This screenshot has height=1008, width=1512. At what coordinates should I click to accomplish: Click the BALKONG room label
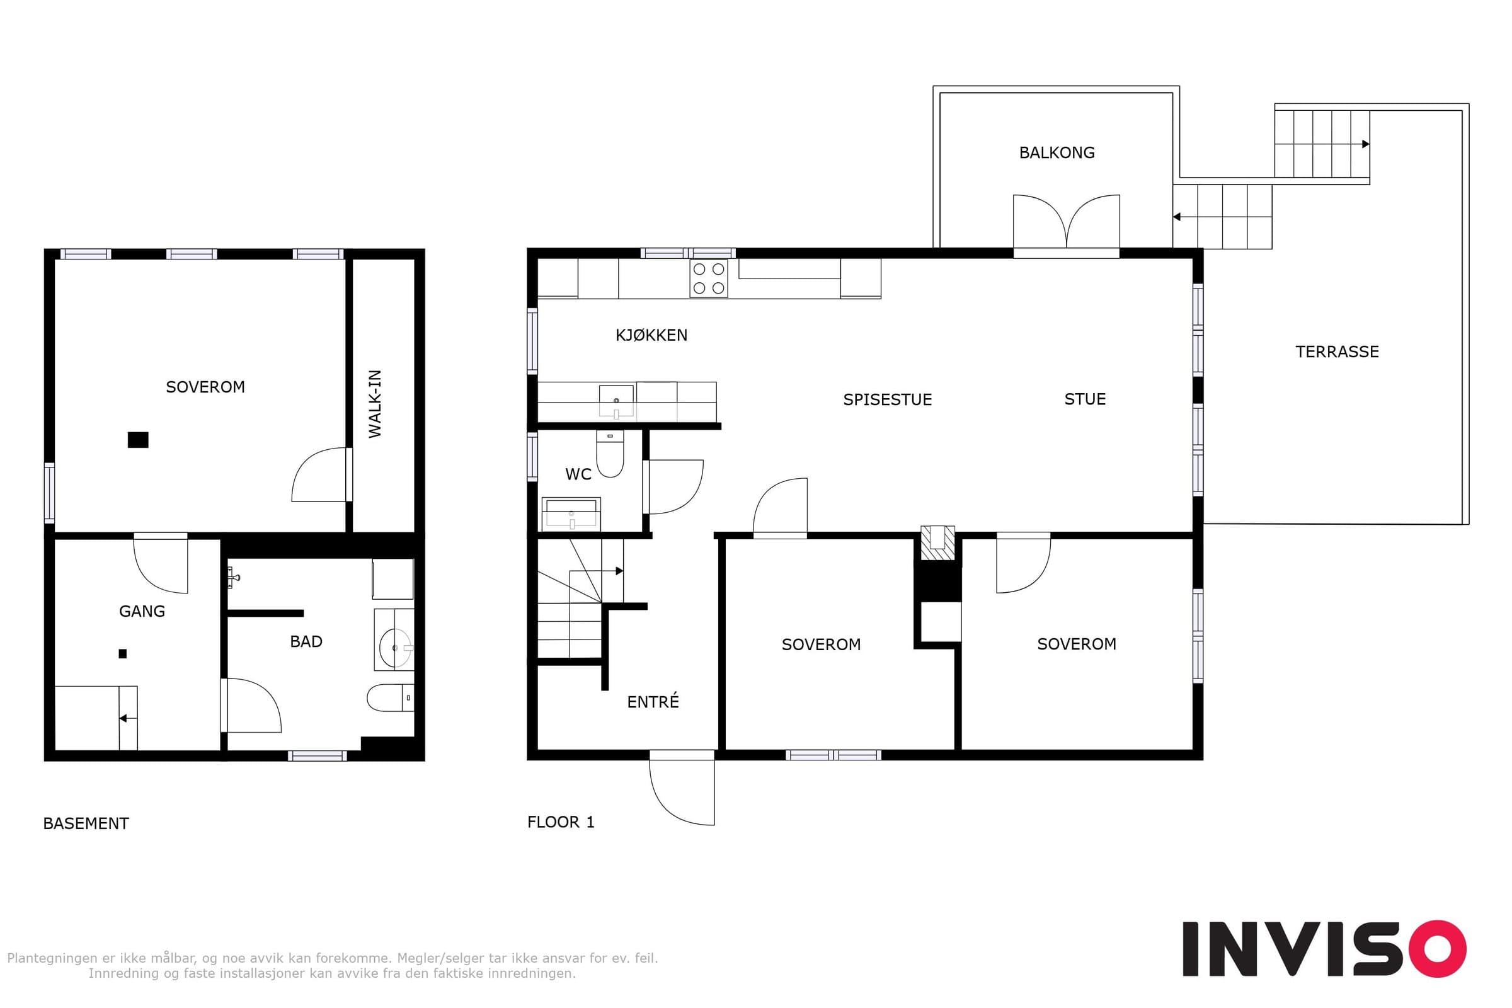coord(1057,152)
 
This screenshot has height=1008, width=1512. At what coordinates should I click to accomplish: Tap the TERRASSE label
coord(1337,352)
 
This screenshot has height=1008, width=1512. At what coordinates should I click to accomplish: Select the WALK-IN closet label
coord(375,404)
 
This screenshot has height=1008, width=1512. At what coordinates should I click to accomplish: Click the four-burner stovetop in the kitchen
coord(708,278)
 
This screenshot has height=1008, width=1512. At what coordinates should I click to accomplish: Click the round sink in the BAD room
coord(394,648)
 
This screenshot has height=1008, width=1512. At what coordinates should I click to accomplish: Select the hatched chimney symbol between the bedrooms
coord(937,542)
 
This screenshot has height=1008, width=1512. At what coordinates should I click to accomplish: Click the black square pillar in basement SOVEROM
coord(138,440)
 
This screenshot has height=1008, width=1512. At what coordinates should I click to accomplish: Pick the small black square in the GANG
coord(123,654)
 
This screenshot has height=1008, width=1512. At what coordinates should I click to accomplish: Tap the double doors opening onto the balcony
coord(1067,223)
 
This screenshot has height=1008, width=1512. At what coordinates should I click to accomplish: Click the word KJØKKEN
coord(651,335)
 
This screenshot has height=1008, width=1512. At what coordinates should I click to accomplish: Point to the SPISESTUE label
coord(887,399)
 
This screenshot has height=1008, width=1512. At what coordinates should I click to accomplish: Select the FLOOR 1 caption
coord(561,822)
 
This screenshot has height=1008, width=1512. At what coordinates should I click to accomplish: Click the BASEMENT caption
coord(86,823)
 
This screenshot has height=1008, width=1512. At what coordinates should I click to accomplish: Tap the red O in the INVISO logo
coord(1437,949)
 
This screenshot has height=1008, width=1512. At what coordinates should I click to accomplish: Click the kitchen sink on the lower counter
coord(617,401)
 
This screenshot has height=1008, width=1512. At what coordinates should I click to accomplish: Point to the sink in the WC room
coord(571,513)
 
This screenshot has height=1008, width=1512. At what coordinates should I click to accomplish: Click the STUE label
coord(1085,399)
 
